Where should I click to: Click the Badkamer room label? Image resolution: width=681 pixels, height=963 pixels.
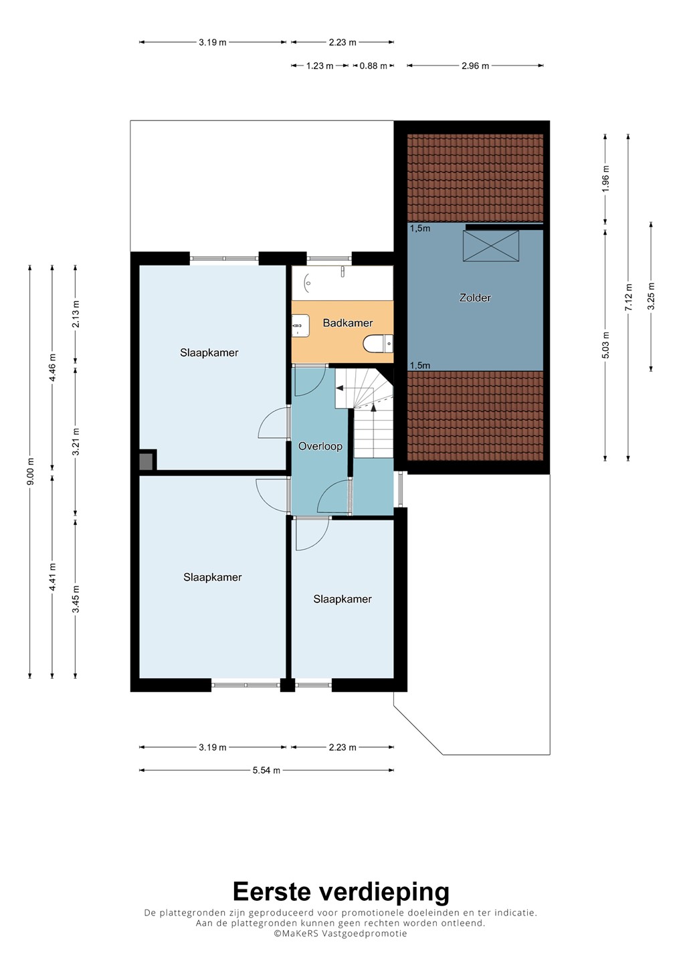(347, 323)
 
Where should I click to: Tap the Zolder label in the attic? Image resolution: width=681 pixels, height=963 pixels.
(475, 298)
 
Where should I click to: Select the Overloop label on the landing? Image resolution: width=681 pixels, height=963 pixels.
(320, 446)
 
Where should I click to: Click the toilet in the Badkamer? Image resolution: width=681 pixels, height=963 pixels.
(378, 343)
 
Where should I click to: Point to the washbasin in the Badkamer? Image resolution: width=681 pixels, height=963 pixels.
(300, 326)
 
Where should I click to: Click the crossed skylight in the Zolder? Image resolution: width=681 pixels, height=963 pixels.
(490, 246)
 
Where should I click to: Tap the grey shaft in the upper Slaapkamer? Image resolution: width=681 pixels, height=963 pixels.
(146, 461)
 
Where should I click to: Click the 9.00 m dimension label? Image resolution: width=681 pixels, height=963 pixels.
(30, 471)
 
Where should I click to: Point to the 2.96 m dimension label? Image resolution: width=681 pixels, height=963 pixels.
(475, 66)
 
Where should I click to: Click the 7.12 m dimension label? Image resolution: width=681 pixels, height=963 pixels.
(629, 297)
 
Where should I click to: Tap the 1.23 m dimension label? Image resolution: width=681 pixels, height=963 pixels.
(320, 66)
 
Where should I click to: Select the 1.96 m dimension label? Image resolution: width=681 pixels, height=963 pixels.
(605, 179)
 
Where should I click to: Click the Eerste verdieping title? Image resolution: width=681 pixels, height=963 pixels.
(341, 891)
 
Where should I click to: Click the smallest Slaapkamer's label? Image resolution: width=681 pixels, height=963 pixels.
(343, 599)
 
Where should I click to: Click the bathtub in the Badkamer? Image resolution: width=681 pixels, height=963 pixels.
(343, 283)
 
